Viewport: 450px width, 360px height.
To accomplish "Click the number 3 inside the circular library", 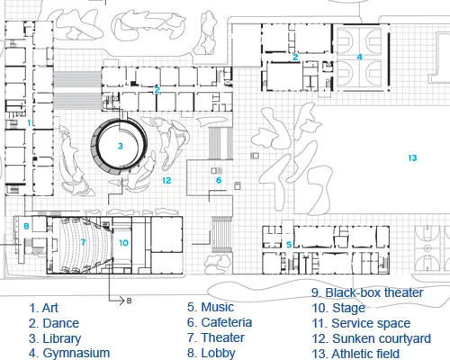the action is click(x=121, y=146).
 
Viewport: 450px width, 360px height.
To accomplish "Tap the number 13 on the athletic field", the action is click(x=412, y=157).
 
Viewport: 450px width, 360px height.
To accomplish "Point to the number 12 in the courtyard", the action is click(x=166, y=180).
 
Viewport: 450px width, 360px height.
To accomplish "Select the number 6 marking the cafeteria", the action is click(x=219, y=180).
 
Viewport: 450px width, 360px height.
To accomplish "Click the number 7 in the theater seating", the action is click(x=83, y=242).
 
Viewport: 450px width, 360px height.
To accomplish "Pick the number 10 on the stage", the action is click(x=123, y=243).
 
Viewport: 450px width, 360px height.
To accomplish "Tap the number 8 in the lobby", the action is click(x=26, y=226).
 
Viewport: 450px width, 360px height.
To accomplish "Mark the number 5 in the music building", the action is click(x=289, y=245).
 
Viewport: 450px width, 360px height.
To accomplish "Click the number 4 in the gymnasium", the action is click(x=359, y=57).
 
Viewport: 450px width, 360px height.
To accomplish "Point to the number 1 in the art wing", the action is click(x=29, y=122).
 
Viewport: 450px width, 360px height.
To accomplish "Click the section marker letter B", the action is click(x=129, y=301).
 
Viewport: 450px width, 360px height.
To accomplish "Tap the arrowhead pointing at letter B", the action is click(x=122, y=301).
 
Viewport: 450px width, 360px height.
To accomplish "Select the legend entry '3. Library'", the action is click(x=55, y=338).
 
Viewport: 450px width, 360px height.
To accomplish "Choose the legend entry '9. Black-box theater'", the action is click(x=367, y=292).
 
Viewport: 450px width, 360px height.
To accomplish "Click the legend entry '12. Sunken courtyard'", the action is click(x=372, y=338).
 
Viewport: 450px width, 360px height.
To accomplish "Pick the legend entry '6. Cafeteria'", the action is click(x=220, y=322).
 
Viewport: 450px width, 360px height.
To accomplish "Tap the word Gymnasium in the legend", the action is click(x=76, y=353).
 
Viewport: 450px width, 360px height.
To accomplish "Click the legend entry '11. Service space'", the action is click(x=361, y=323).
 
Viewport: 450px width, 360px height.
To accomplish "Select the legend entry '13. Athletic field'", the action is click(x=355, y=354).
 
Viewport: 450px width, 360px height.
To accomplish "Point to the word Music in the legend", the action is click(x=218, y=307).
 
